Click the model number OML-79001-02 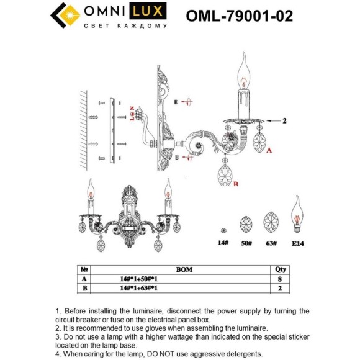[240, 16]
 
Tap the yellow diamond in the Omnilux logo [70, 15]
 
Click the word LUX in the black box [148, 11]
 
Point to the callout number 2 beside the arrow [284, 120]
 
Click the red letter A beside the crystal [269, 150]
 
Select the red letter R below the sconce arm [236, 184]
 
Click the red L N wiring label [132, 114]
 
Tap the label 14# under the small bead [223, 243]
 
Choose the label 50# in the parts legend [246, 243]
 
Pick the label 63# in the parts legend [271, 243]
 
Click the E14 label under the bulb [298, 243]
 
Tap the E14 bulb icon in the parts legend [297, 214]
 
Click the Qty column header [281, 269]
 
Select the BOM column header [184, 269]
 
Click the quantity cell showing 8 [280, 279]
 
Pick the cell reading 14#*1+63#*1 [139, 288]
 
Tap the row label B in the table [84, 288]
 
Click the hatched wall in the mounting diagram [84, 130]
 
